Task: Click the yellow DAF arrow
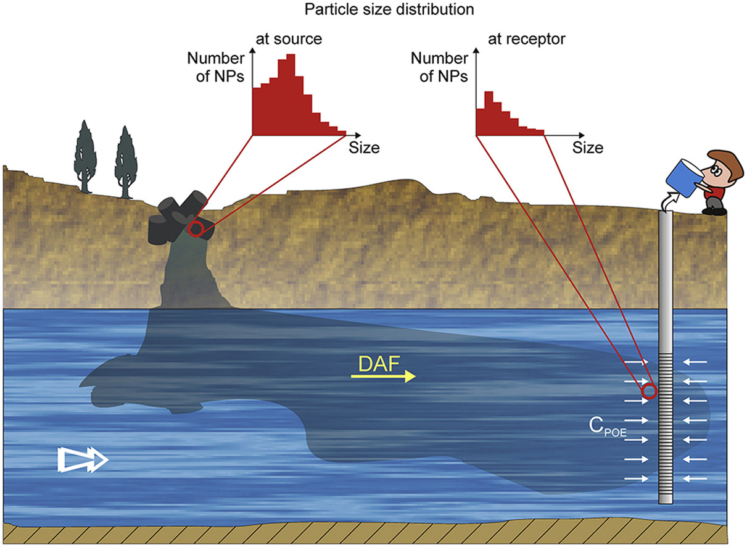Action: (x=382, y=377)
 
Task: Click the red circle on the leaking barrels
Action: (x=196, y=228)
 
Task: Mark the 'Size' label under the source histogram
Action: (x=364, y=148)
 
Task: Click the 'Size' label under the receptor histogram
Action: (x=587, y=148)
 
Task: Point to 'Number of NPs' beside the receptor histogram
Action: (x=439, y=68)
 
